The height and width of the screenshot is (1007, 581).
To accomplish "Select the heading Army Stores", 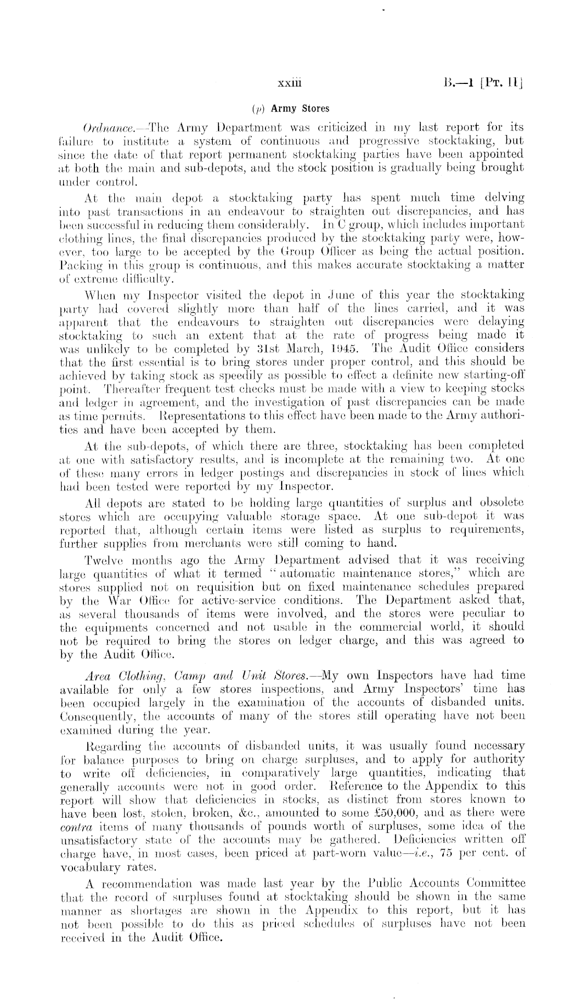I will click(297, 108).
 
